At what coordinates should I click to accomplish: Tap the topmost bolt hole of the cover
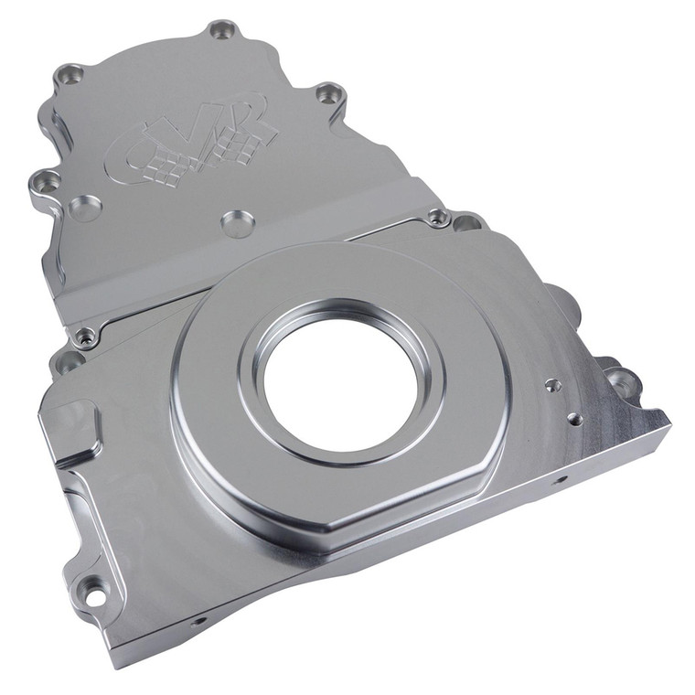(x=222, y=30)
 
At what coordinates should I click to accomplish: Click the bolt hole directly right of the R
(x=328, y=93)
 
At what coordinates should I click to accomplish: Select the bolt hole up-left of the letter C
(x=69, y=76)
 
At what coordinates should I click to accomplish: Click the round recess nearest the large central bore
(x=237, y=222)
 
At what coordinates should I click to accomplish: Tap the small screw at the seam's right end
(x=439, y=218)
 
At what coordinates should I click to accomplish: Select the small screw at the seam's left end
(x=85, y=338)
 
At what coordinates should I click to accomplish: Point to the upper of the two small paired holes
(x=551, y=386)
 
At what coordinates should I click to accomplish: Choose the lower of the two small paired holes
(x=574, y=420)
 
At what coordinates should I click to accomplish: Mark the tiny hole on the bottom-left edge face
(x=193, y=621)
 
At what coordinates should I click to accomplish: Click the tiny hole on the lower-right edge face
(x=560, y=479)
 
